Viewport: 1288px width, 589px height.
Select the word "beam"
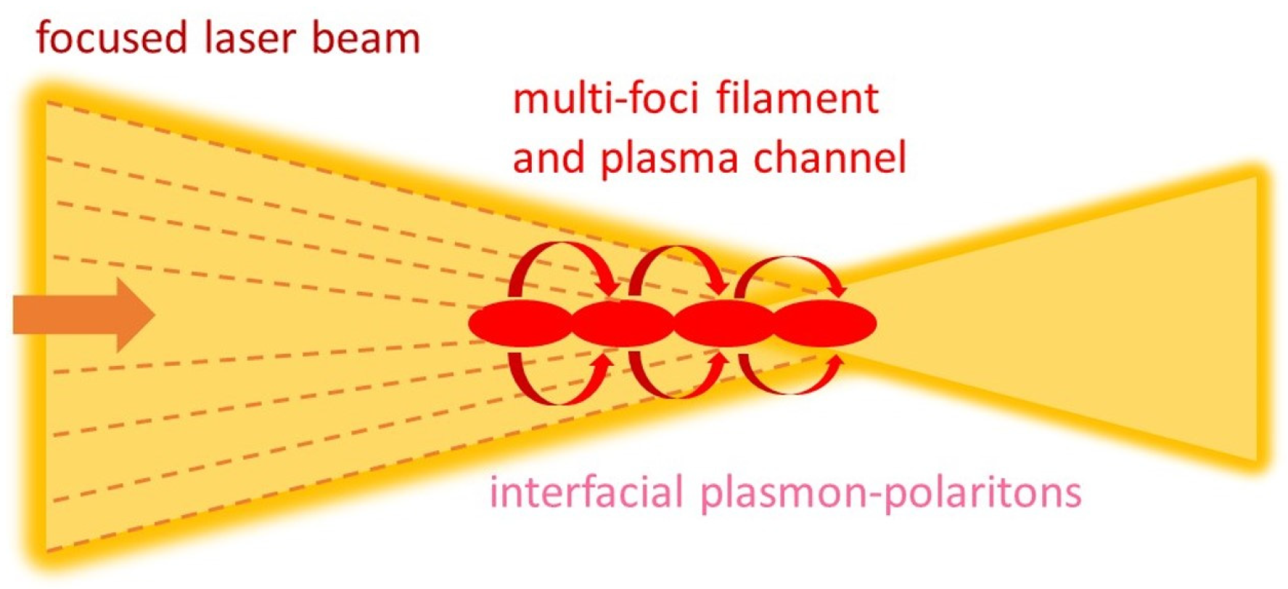(x=366, y=38)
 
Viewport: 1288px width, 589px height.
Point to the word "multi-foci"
(x=605, y=99)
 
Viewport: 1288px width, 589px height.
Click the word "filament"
(x=797, y=99)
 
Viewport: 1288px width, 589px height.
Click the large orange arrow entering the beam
(x=83, y=315)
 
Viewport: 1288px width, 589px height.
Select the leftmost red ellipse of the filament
(x=520, y=323)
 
